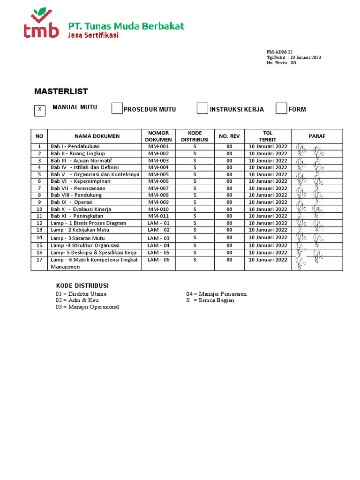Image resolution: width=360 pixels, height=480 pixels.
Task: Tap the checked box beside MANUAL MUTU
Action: point(40,110)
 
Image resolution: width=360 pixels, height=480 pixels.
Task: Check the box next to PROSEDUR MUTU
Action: point(117,108)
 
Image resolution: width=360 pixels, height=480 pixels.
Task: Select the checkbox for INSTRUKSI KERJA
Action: point(202,108)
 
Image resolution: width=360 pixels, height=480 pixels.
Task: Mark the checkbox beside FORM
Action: point(281,108)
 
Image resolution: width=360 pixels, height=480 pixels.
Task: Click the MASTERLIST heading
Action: point(61,91)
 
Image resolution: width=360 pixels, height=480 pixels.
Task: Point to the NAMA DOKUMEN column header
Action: point(97,136)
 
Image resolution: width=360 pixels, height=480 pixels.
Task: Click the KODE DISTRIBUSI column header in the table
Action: point(195,136)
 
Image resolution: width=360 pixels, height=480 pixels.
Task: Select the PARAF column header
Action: point(317,136)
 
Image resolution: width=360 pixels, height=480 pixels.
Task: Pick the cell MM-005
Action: point(158,174)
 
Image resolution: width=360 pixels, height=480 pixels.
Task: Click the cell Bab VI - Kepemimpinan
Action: point(81,181)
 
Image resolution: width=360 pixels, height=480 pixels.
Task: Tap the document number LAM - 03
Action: point(158,238)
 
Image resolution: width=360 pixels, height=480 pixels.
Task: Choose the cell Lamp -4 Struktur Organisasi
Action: point(85,245)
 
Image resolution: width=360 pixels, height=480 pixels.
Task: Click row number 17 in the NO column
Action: point(40,260)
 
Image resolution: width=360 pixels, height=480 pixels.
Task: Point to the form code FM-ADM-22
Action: point(279,52)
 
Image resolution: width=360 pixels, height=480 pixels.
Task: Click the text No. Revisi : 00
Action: point(281,63)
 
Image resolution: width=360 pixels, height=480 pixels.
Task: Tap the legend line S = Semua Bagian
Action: point(210,300)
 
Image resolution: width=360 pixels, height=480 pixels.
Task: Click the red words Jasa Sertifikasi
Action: point(93,35)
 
